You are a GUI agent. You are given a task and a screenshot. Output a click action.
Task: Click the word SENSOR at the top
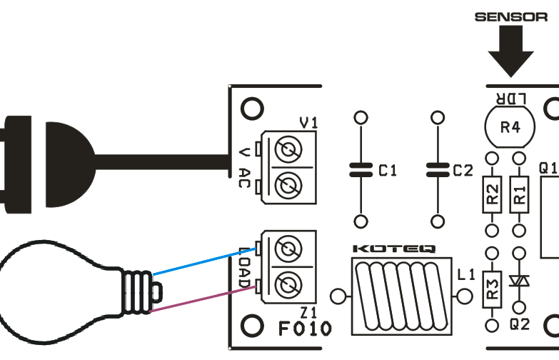coord(510,16)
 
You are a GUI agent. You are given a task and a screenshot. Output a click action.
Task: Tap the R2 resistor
coord(491,194)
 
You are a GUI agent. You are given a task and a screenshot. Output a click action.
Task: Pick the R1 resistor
coord(520,194)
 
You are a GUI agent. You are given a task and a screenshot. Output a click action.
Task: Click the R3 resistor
coord(491,289)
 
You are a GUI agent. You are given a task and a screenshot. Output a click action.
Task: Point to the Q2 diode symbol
coord(520,282)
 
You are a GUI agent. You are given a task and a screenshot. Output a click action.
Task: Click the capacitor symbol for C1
coord(361,170)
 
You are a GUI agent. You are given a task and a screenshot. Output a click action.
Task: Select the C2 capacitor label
coord(463,171)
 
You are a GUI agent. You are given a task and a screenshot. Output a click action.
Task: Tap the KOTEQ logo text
coord(395,250)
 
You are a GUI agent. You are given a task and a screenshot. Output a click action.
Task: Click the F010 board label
coord(305,329)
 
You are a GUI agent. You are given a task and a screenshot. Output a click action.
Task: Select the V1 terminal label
coord(308,124)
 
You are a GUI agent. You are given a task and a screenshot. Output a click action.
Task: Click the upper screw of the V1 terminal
coord(290,151)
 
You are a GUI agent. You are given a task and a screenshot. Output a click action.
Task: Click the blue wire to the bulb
coord(200,261)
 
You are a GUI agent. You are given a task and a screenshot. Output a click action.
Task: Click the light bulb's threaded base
coord(137,291)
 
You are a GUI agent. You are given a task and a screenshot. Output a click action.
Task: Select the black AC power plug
coord(43,164)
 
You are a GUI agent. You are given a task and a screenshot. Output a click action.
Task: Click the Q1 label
coord(548,169)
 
